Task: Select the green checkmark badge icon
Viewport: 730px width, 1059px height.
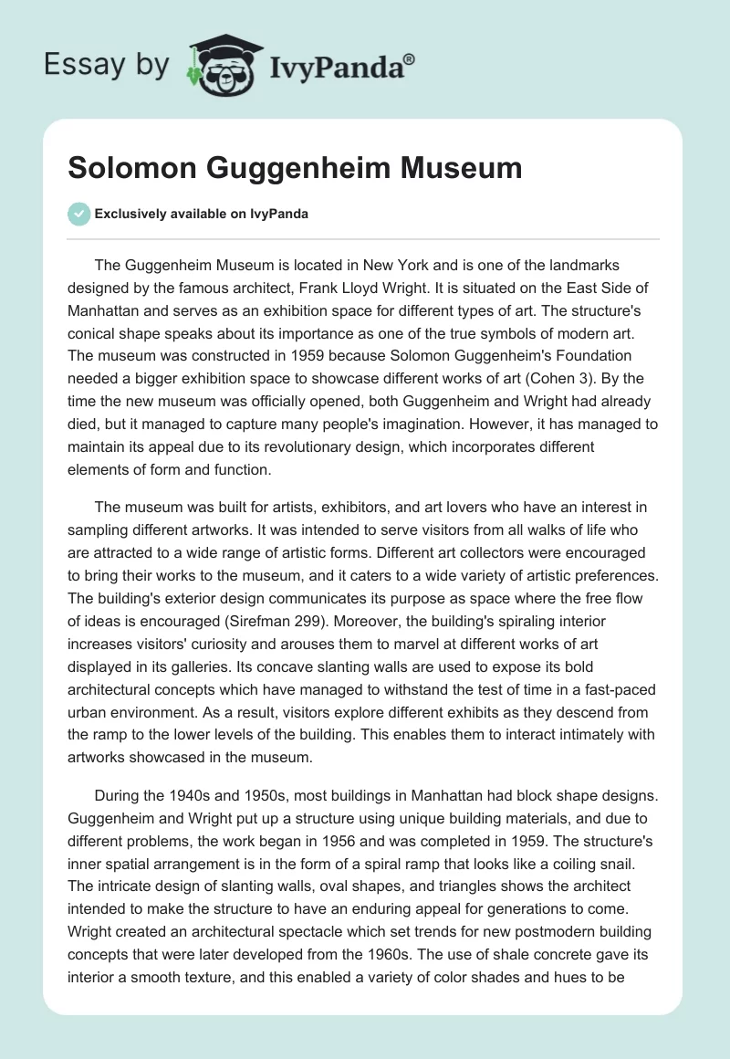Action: point(78,214)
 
